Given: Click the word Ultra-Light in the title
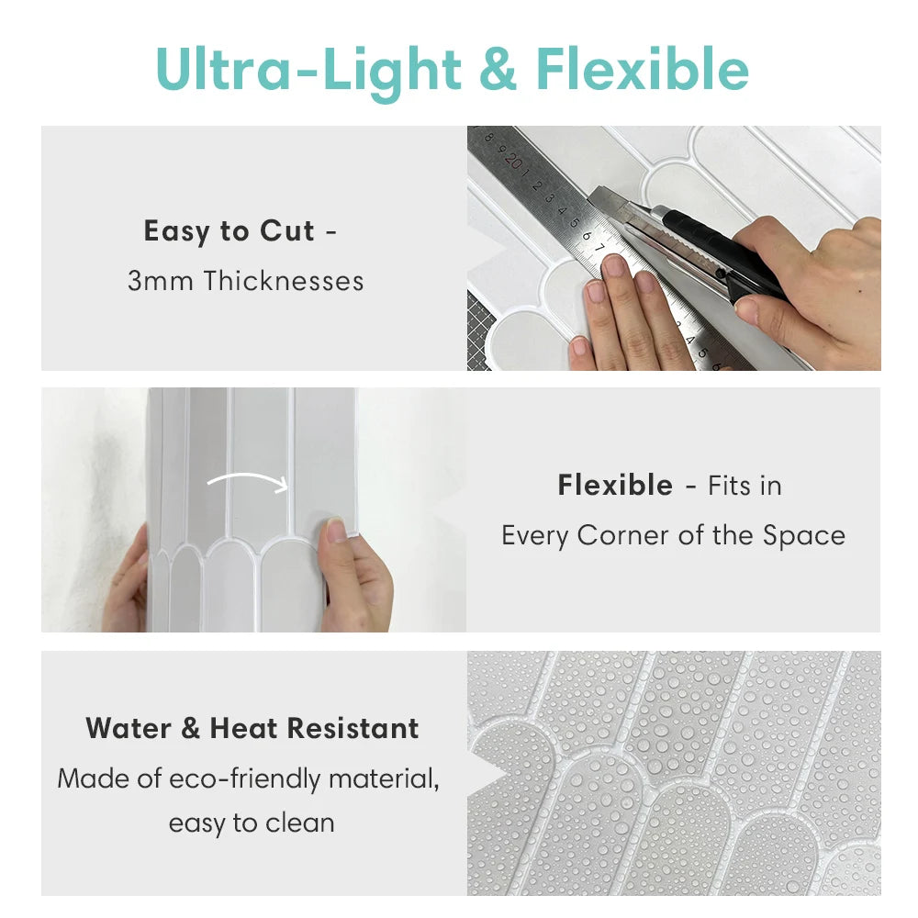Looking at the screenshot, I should click(x=308, y=69).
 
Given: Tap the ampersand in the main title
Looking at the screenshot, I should click(x=498, y=70).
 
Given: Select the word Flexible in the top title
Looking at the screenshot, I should click(x=642, y=69).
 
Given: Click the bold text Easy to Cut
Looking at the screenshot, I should click(x=229, y=231).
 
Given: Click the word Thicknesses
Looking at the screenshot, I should click(x=284, y=281).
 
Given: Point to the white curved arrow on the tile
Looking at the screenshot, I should click(x=248, y=481).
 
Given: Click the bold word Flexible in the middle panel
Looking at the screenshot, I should click(x=615, y=486).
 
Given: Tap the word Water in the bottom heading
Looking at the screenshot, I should click(x=129, y=729).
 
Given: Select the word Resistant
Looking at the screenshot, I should click(x=353, y=729).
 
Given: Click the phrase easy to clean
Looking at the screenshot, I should click(x=251, y=823).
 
